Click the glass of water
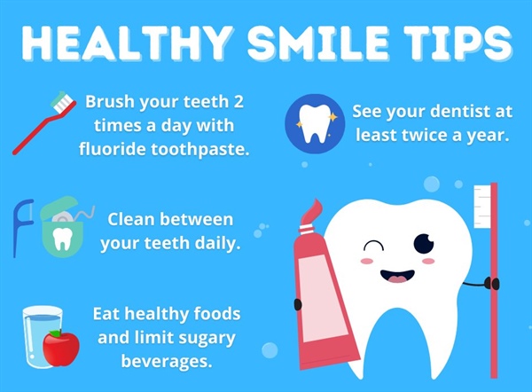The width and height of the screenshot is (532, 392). (40, 335)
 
